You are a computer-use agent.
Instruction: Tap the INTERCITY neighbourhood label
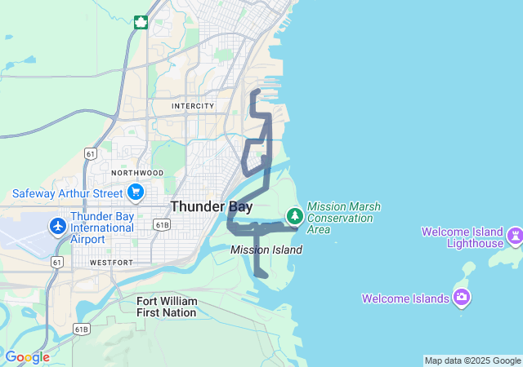193,106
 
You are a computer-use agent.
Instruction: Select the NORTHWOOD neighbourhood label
137,173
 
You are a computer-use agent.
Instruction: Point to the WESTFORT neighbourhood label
111,263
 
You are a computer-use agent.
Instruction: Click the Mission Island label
266,250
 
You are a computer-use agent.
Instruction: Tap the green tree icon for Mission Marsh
294,216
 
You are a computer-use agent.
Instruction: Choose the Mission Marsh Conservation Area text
343,218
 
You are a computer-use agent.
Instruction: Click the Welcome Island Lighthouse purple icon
515,237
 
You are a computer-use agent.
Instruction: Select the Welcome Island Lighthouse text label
463,237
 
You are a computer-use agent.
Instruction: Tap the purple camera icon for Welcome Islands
463,297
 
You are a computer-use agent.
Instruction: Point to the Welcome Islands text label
406,298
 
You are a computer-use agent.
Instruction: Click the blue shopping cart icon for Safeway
136,193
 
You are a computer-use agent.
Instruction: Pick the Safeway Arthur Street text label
68,193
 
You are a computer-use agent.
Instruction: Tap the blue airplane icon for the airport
58,226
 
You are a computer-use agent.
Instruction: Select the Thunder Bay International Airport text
102,228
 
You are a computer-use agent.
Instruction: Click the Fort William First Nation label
167,307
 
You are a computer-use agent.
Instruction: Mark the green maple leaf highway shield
141,22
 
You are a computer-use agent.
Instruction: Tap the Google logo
27,357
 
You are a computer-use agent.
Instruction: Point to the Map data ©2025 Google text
472,360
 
